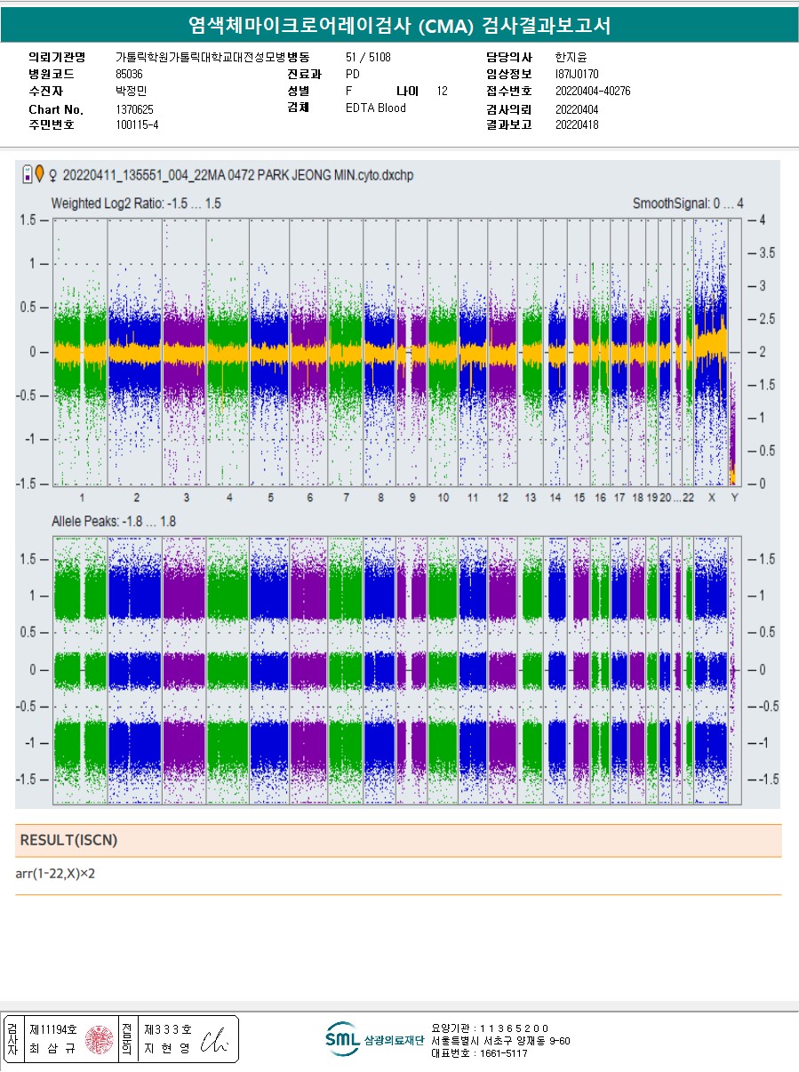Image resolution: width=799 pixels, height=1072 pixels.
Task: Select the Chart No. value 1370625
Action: tap(134, 108)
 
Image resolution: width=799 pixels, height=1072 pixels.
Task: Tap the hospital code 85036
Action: tap(129, 74)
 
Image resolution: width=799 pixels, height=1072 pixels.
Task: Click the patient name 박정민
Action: tap(132, 92)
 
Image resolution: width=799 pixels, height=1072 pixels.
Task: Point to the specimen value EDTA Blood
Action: tap(375, 108)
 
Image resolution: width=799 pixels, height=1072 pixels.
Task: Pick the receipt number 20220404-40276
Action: tap(593, 92)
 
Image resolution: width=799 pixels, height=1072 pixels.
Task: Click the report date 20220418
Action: tap(577, 125)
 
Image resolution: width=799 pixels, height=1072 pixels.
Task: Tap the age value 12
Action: tap(443, 92)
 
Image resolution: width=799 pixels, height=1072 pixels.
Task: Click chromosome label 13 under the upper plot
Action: tap(531, 498)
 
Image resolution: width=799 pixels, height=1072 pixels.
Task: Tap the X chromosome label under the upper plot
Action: tap(711, 498)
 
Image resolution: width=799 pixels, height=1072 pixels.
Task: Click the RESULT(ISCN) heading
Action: tap(68, 840)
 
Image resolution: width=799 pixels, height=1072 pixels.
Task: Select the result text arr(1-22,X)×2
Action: tap(55, 874)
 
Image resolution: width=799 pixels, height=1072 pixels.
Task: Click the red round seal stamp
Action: tap(100, 1039)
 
